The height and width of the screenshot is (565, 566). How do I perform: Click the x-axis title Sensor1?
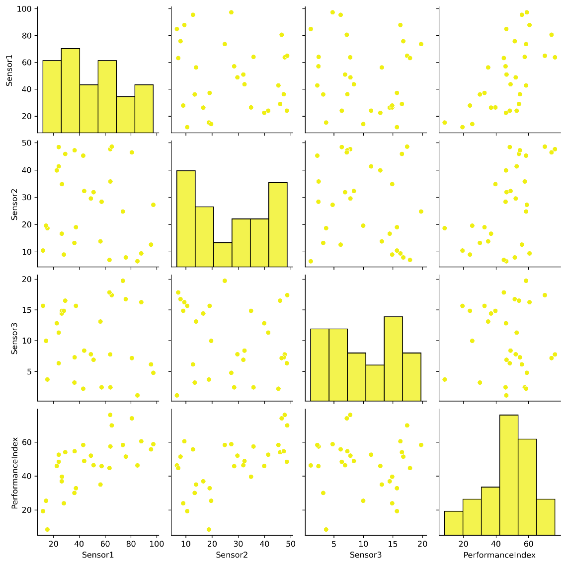[x=98, y=555]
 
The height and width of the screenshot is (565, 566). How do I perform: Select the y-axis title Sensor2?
[x=15, y=197]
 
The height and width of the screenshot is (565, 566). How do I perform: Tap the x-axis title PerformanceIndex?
[x=499, y=555]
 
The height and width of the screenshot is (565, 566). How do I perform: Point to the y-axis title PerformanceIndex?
[x=15, y=473]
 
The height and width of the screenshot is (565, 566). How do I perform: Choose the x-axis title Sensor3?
[x=366, y=555]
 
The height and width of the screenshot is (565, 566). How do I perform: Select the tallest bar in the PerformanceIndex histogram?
[x=508, y=474]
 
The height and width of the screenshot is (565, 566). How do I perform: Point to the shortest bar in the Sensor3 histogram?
[x=375, y=382]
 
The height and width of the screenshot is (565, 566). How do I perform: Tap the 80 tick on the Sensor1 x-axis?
[x=131, y=544]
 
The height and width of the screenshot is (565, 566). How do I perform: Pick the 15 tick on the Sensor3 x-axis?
[x=393, y=544]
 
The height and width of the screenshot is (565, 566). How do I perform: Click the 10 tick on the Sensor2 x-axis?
[x=186, y=544]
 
